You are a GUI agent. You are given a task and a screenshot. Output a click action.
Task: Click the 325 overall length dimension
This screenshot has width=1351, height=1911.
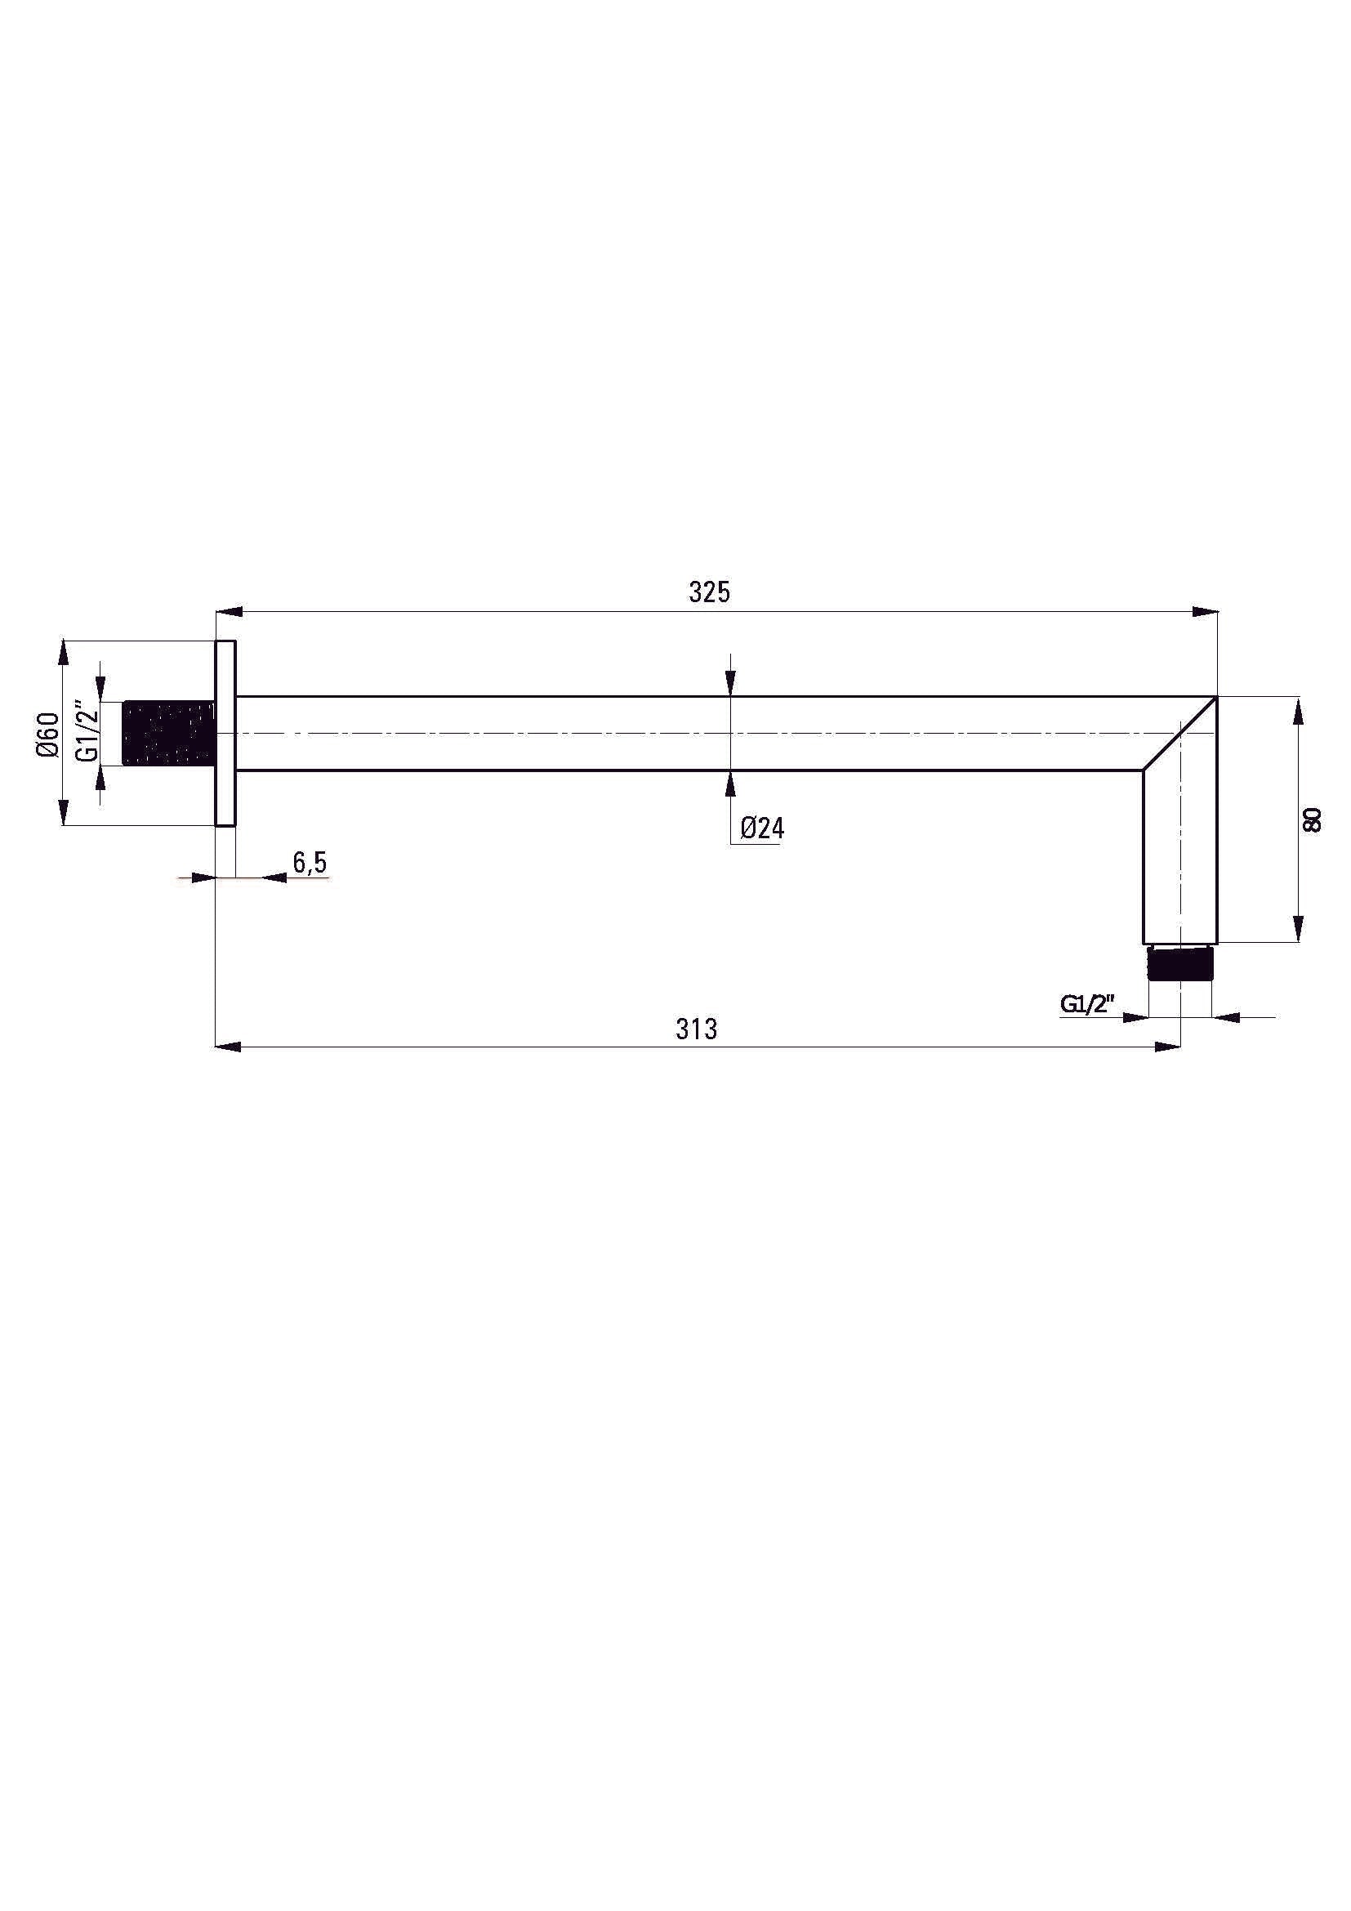click(709, 592)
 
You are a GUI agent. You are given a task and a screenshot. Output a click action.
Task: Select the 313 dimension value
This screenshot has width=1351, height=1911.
click(696, 1029)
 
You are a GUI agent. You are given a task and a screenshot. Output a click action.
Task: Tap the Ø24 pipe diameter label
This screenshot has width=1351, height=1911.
click(762, 828)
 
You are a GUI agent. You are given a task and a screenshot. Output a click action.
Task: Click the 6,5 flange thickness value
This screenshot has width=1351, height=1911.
click(310, 863)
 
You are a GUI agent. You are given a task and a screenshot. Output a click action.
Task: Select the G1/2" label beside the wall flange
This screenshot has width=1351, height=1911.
click(87, 733)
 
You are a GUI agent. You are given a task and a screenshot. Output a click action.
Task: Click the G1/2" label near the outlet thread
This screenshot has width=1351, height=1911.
click(1086, 1004)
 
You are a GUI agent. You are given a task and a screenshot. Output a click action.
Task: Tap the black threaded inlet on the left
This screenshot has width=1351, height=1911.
click(169, 733)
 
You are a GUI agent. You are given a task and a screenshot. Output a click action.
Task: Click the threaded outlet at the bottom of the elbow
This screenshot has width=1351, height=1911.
click(1179, 963)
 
